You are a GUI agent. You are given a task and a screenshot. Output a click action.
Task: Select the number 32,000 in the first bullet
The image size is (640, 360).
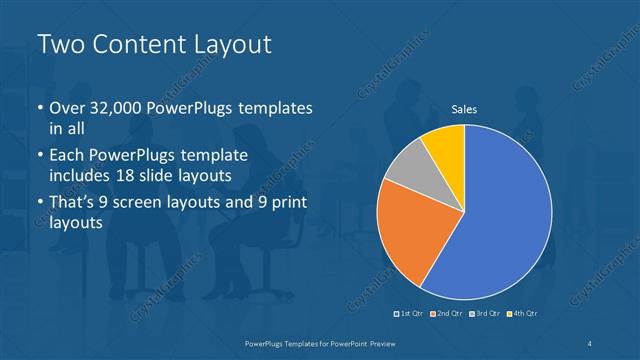click(112, 109)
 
